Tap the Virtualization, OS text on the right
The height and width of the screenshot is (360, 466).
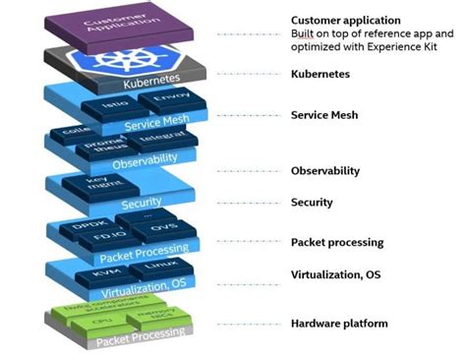tap(335, 274)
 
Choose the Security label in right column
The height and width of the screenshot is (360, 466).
tap(312, 203)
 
